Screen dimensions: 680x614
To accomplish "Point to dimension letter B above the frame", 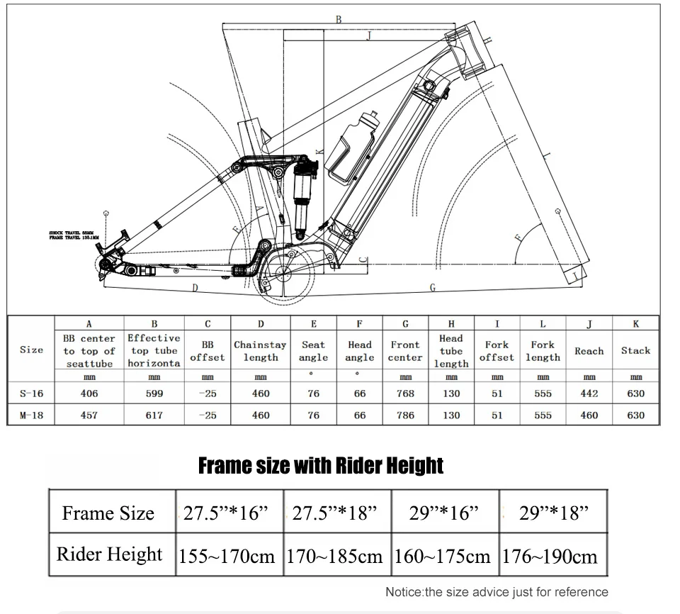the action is (x=339, y=20).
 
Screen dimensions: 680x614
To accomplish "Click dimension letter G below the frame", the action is (x=433, y=287).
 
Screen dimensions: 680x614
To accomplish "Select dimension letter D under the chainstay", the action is (x=194, y=287).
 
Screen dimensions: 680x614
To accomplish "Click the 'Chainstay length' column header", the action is (x=261, y=351).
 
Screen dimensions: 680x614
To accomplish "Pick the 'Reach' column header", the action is (x=589, y=351).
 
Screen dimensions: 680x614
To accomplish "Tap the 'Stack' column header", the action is (x=635, y=350).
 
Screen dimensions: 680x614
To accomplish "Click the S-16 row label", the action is (x=31, y=393).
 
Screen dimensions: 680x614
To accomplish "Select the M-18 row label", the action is (x=31, y=415).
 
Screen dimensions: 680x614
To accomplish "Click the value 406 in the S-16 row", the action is (x=89, y=393).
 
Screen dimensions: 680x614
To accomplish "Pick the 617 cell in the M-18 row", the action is (x=154, y=415).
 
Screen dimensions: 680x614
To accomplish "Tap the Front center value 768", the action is (x=405, y=393).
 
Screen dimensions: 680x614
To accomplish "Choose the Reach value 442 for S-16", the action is (x=589, y=393).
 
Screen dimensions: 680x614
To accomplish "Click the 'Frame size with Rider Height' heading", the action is (x=321, y=466).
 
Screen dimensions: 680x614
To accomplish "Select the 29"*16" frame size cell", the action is (x=444, y=513).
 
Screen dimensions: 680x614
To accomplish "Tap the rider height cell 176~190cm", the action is (x=549, y=556).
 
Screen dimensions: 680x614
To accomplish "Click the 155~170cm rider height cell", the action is (x=229, y=556).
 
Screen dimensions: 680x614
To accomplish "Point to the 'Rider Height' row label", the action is (x=109, y=554).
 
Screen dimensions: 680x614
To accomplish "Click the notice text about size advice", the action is (x=497, y=591).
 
